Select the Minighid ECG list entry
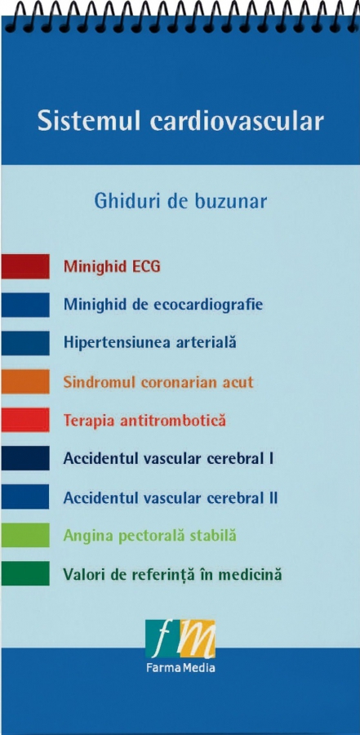click(112, 267)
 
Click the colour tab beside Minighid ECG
click(25, 266)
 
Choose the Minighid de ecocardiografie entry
click(163, 305)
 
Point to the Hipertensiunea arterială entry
click(150, 343)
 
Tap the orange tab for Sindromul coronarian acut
click(25, 381)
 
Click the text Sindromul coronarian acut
click(158, 382)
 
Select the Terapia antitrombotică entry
click(144, 421)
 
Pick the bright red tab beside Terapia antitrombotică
click(25, 420)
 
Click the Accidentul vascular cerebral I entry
click(169, 458)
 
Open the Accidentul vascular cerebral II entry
click(171, 497)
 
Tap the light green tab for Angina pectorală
click(25, 535)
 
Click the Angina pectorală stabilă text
click(150, 535)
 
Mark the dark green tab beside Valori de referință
click(25, 573)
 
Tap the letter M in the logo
click(197, 639)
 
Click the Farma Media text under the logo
click(180, 667)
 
